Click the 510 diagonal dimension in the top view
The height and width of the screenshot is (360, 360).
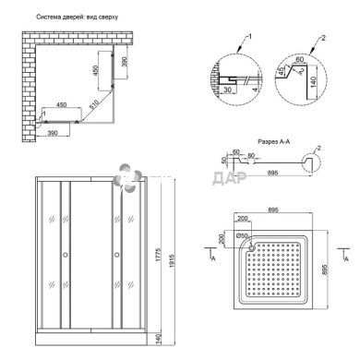(x=96, y=104)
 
